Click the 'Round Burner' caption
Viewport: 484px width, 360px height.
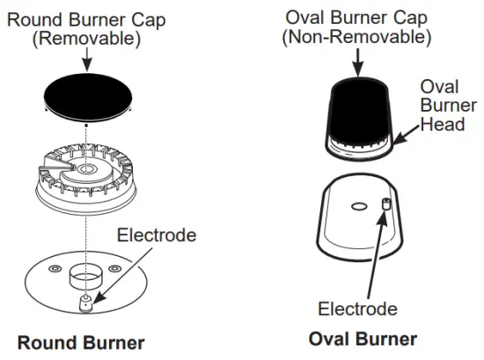(81, 341)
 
